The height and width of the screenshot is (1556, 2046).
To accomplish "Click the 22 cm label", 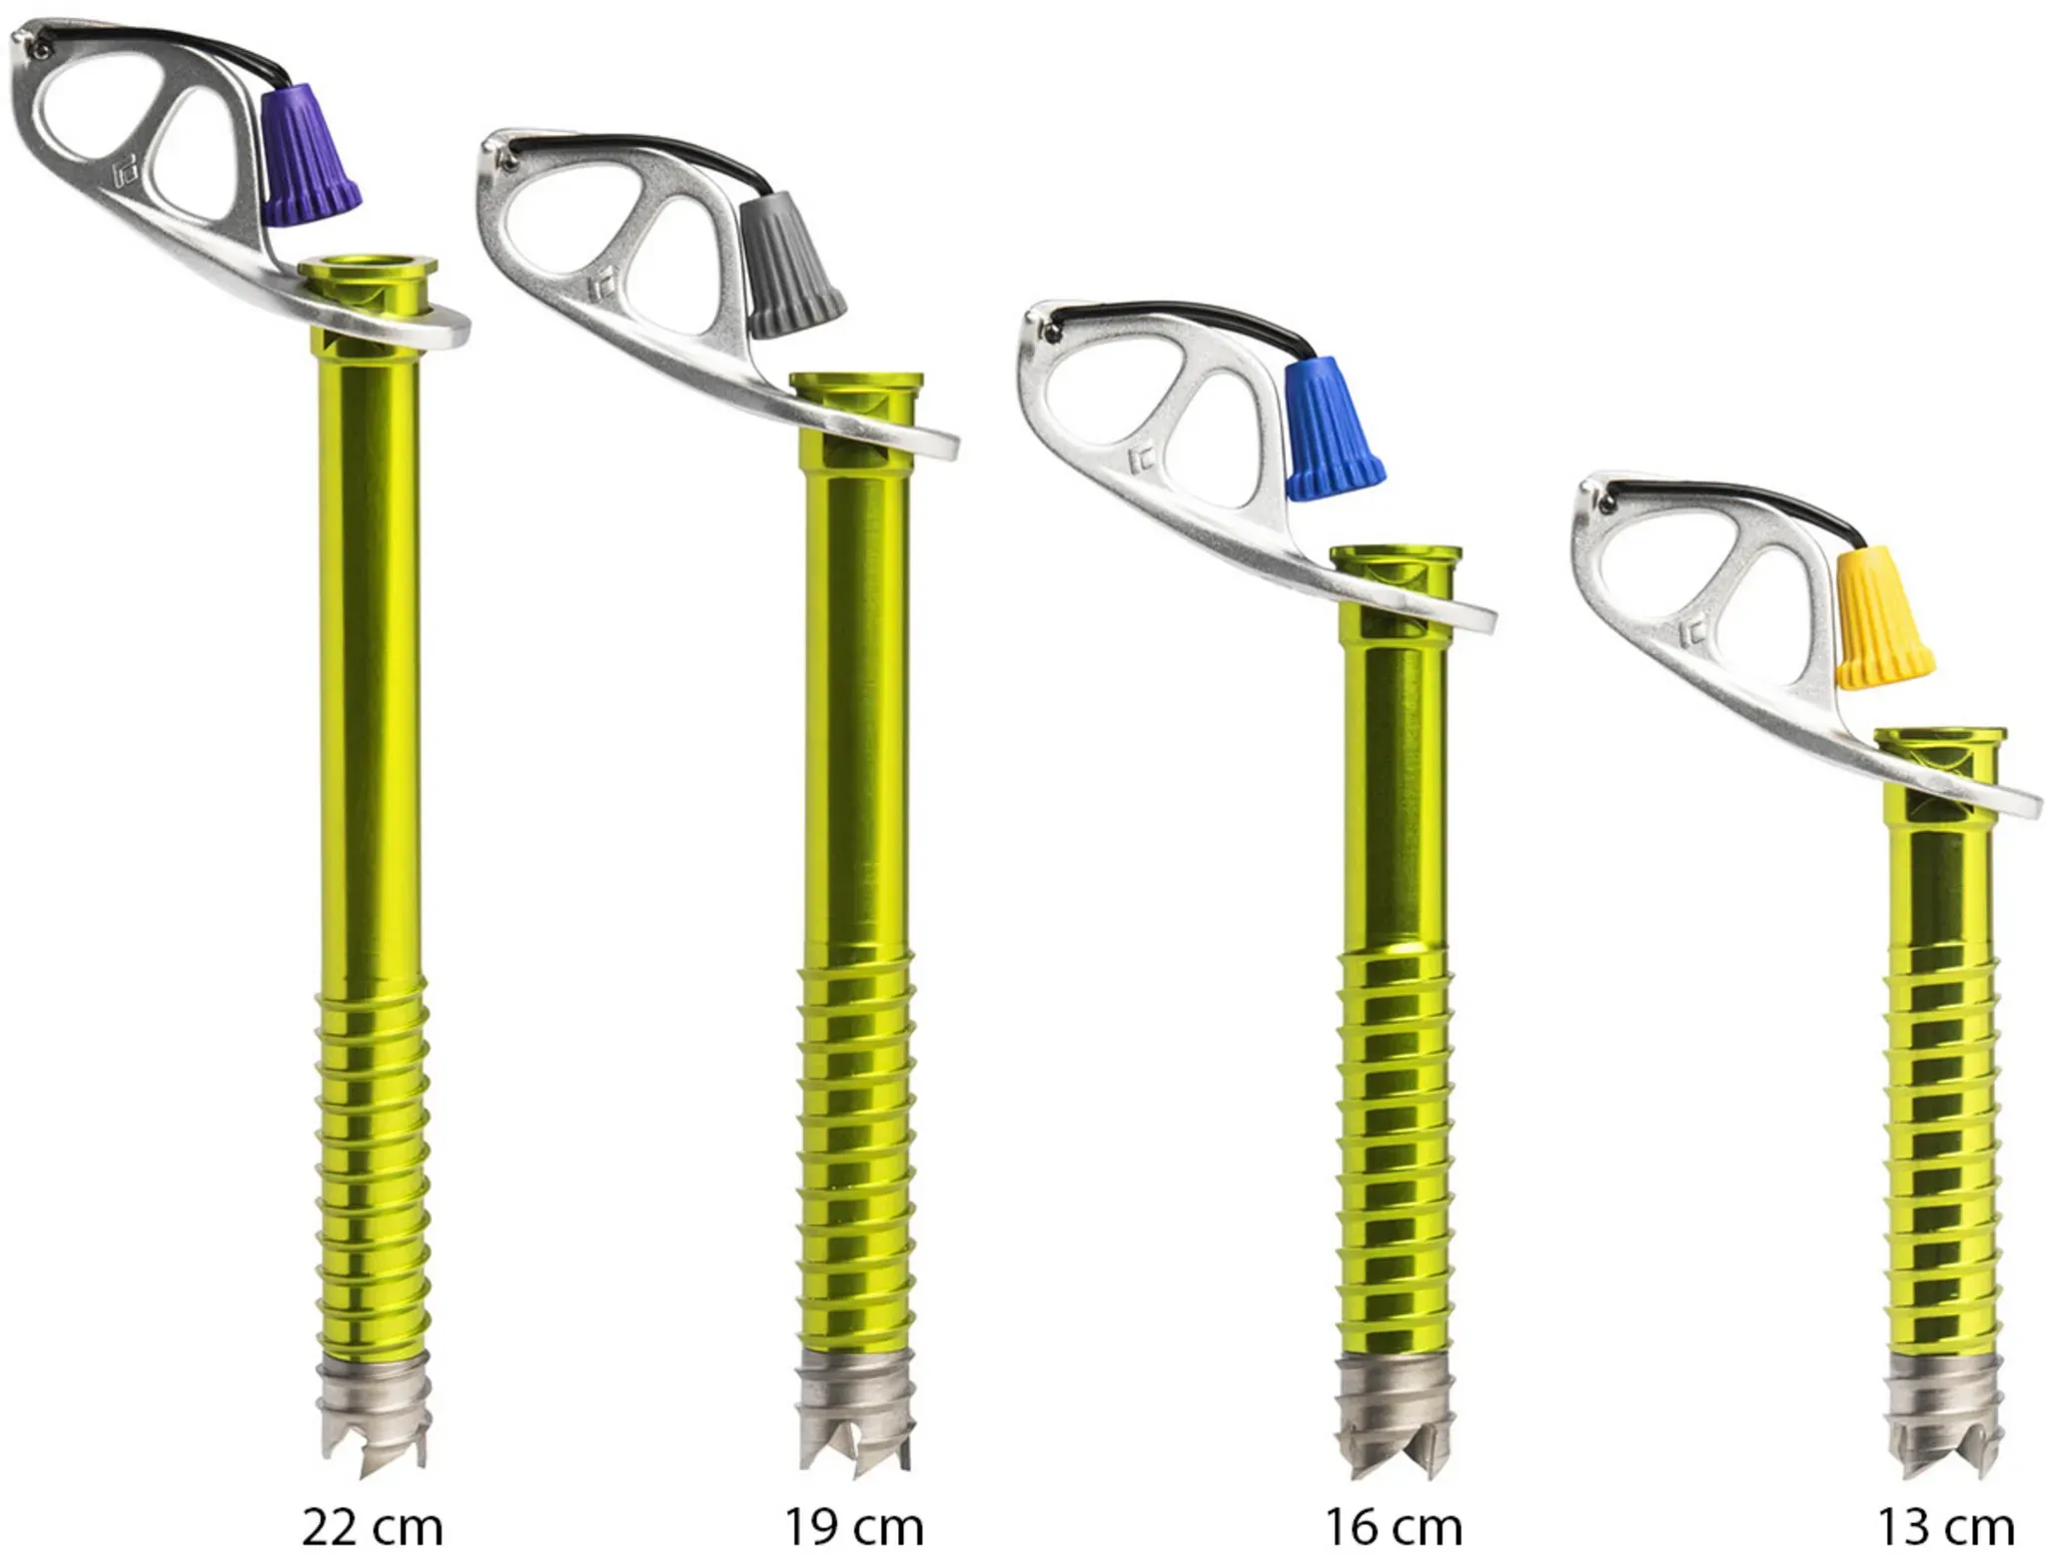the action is click(372, 1527).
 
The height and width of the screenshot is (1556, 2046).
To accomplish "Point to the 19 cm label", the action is click(853, 1527).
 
